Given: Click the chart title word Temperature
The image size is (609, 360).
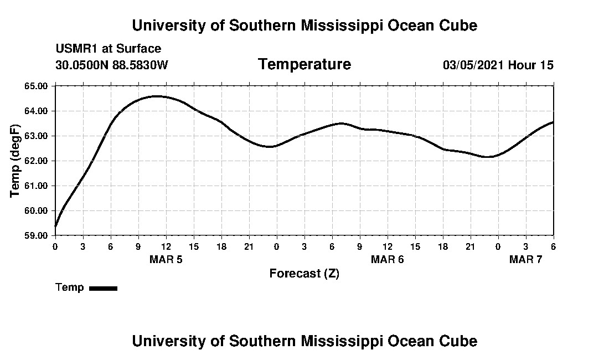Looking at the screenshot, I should (304, 64).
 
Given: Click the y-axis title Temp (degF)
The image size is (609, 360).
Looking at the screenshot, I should (16, 161).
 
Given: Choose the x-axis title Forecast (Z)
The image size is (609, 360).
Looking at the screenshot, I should (304, 274).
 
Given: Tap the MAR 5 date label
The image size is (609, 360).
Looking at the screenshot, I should (166, 259).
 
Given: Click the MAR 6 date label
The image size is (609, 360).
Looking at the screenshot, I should (387, 259).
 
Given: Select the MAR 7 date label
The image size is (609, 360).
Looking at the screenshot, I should (525, 259).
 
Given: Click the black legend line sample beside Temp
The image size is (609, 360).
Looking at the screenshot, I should (103, 288).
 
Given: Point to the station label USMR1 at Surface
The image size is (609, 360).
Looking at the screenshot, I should (108, 49).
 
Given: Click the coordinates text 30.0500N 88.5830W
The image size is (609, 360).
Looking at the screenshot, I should (111, 65).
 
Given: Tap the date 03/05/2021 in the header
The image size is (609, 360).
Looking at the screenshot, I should (473, 65).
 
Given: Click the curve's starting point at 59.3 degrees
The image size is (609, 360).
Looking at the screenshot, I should (55, 227).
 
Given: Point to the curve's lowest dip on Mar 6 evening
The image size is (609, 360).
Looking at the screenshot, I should (487, 157).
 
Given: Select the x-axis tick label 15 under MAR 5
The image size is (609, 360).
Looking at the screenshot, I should (194, 246).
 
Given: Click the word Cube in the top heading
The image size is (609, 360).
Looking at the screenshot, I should (457, 25).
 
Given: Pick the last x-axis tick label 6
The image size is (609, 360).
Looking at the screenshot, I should (553, 246).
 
